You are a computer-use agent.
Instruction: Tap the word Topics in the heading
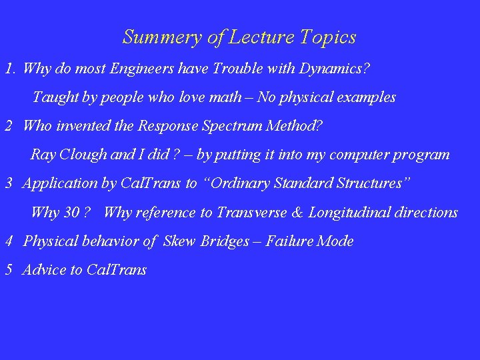click(328, 37)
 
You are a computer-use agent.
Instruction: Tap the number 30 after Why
click(71, 213)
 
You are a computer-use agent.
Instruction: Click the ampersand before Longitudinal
click(297, 213)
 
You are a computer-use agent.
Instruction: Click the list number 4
click(9, 241)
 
